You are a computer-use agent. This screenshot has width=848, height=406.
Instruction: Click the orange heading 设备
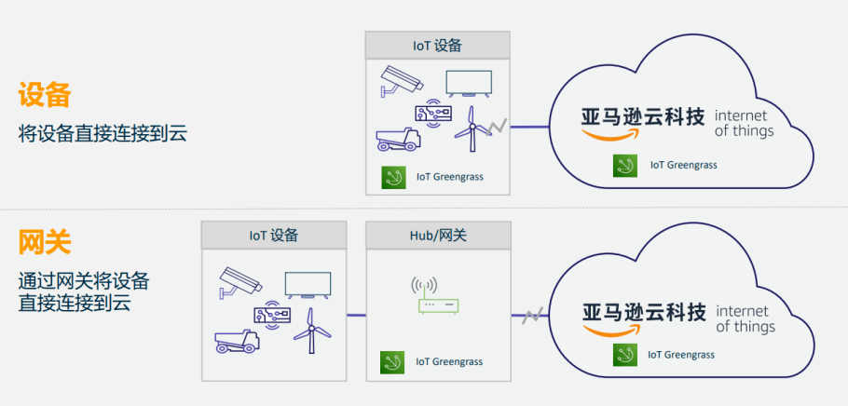click(x=45, y=95)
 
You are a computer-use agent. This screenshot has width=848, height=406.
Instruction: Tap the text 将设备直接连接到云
click(x=103, y=134)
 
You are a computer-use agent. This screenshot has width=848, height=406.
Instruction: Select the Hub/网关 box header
click(x=438, y=236)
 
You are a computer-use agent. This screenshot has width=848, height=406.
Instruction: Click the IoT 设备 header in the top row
click(x=438, y=45)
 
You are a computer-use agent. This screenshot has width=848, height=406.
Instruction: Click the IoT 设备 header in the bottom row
click(x=274, y=236)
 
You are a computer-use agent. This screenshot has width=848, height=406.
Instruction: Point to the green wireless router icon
click(x=437, y=297)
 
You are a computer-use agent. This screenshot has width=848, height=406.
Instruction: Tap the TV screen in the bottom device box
click(x=308, y=284)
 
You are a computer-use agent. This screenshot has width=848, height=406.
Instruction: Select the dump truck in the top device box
click(x=398, y=138)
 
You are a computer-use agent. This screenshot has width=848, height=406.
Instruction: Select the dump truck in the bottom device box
click(x=236, y=341)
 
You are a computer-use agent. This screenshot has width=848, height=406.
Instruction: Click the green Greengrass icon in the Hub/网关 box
click(x=392, y=362)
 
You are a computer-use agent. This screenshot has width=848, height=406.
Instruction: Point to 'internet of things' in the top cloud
click(x=743, y=123)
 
